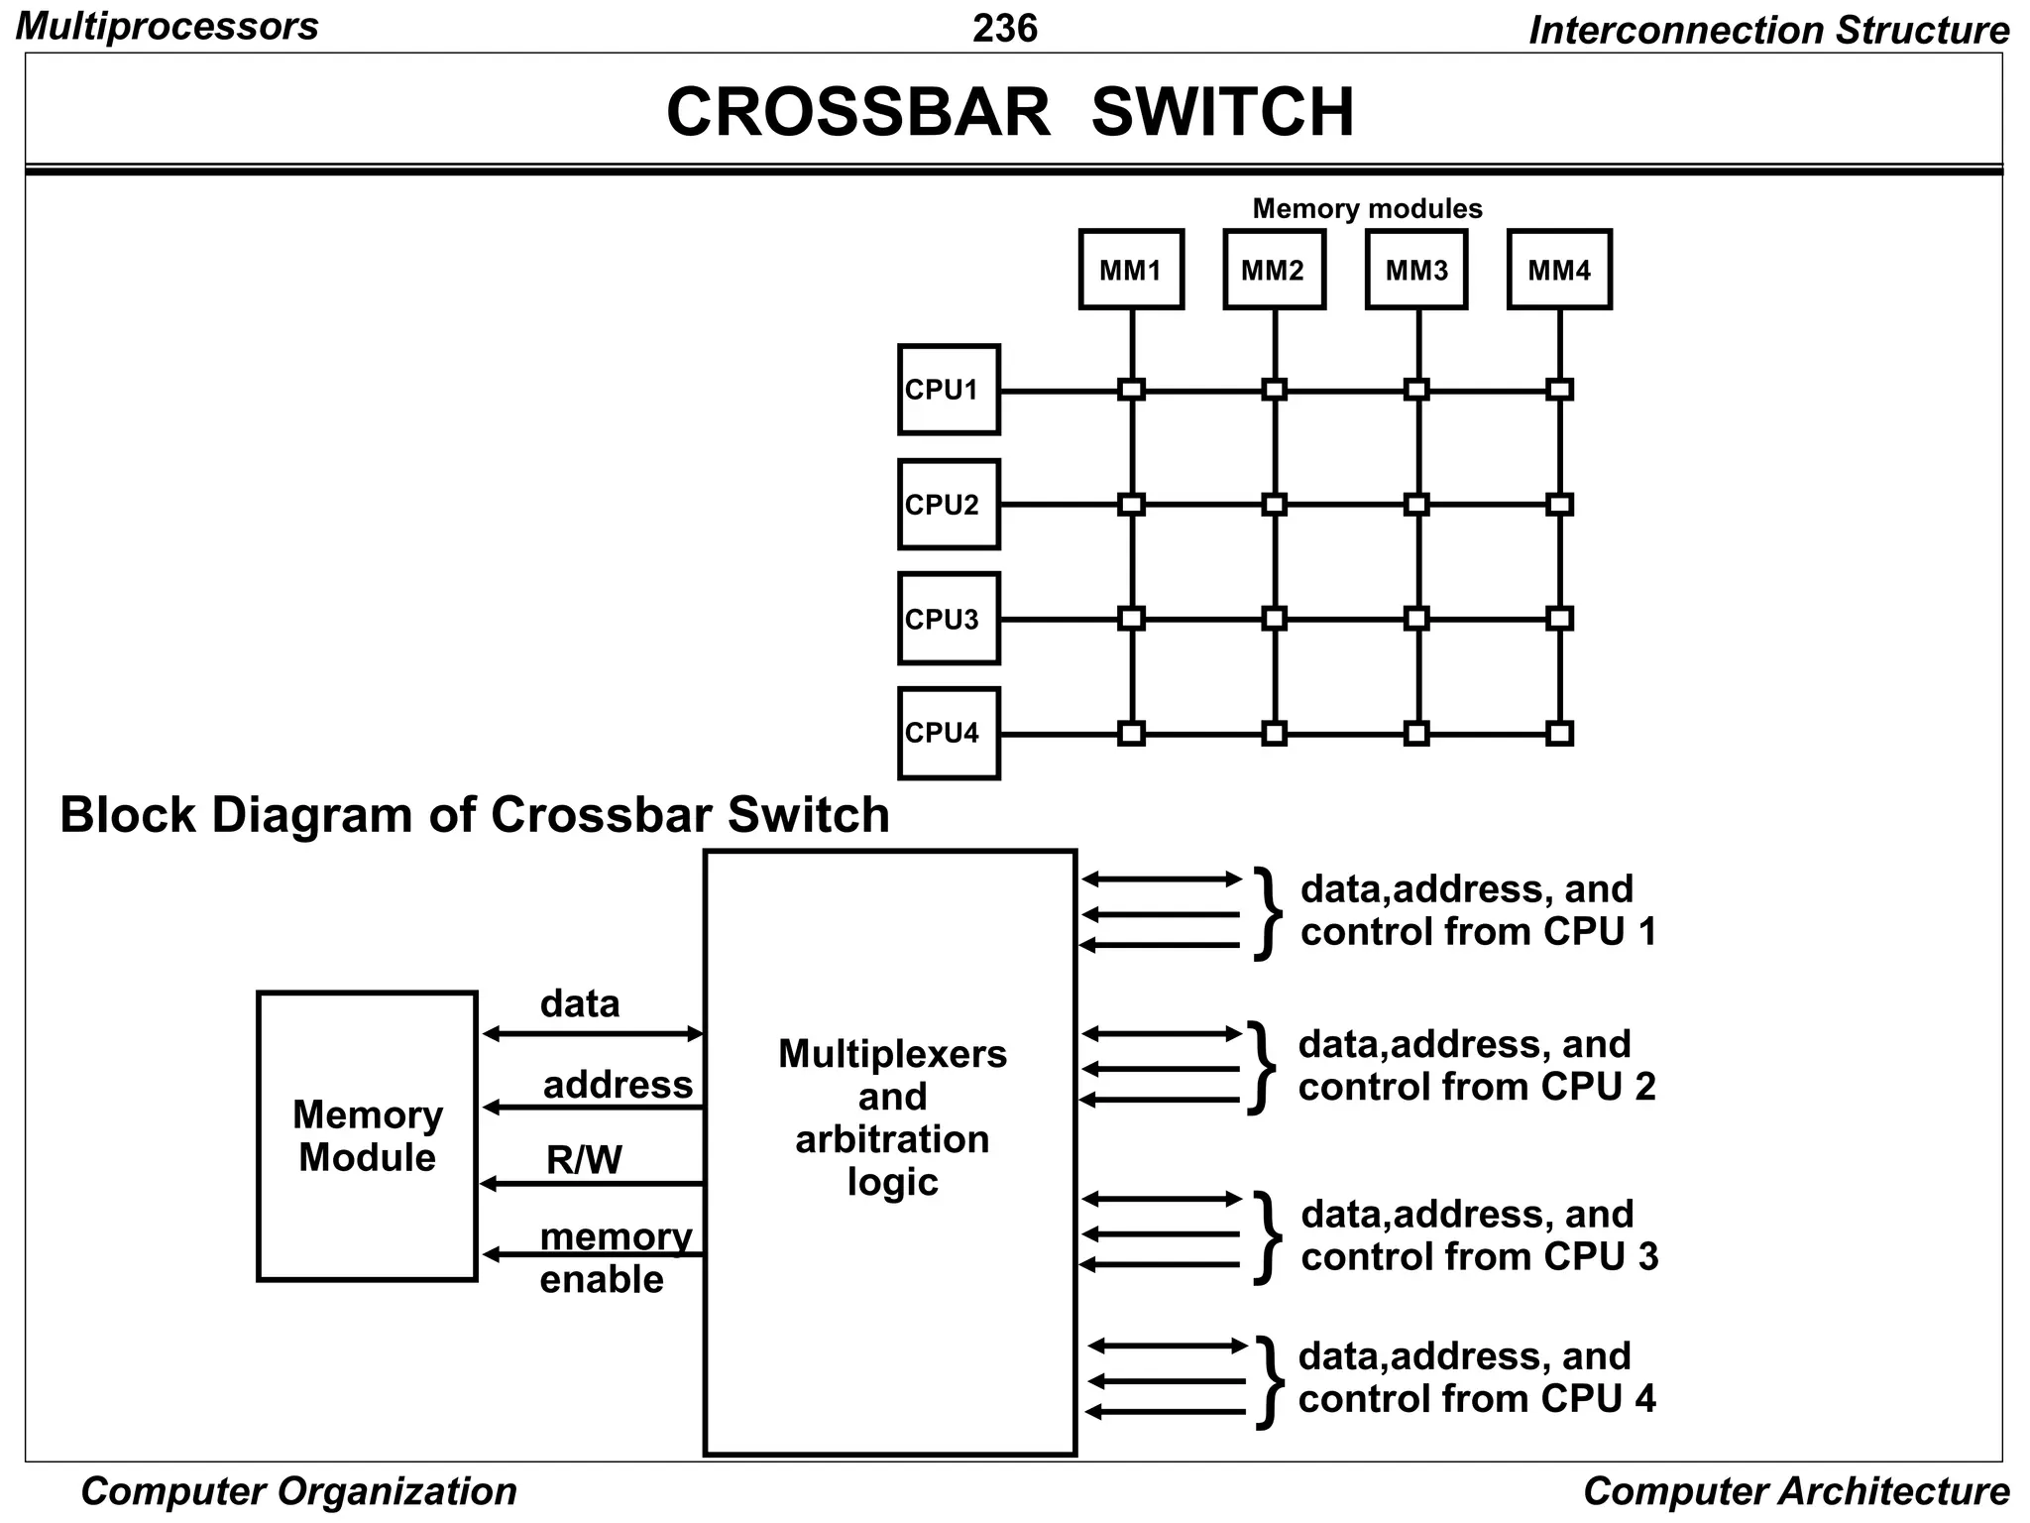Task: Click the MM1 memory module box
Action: [x=1131, y=270]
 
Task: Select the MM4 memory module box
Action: [x=1559, y=270]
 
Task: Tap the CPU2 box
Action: [x=949, y=505]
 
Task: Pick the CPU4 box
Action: [x=949, y=734]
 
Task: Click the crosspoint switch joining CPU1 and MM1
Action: [x=1131, y=390]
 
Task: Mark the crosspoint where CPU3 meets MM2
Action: [x=1275, y=619]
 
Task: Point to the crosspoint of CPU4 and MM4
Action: [x=1559, y=734]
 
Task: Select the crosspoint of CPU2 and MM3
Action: [x=1416, y=505]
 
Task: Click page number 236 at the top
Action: [x=1004, y=28]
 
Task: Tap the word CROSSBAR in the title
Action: [x=857, y=112]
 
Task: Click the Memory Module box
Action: [x=367, y=1136]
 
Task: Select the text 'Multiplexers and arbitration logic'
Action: [x=892, y=1117]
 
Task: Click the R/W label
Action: [x=584, y=1160]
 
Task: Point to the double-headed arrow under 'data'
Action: [x=592, y=1034]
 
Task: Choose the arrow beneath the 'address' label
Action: [x=592, y=1108]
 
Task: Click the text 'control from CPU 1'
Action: [x=1478, y=932]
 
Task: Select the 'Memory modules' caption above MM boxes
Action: [x=1367, y=208]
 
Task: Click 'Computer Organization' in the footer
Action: [x=298, y=1491]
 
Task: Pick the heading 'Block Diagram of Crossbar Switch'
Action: [x=475, y=815]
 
